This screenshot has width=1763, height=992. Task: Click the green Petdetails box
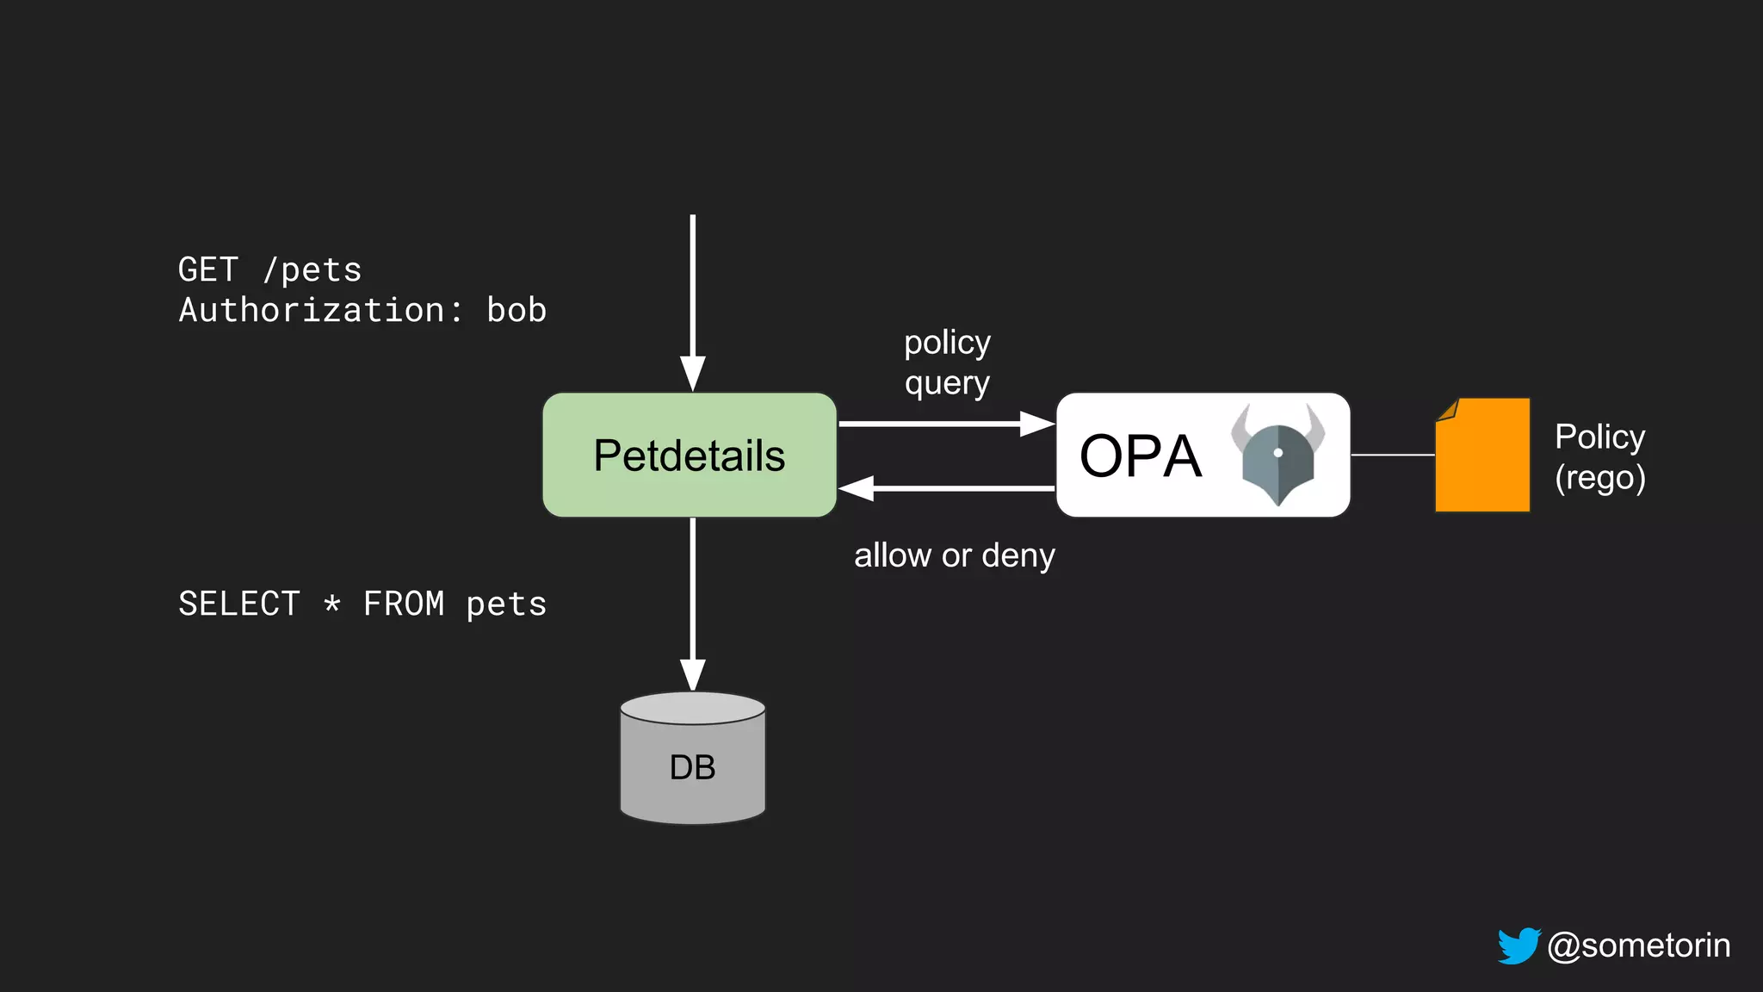[689, 455]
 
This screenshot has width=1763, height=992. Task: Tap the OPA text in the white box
[1140, 456]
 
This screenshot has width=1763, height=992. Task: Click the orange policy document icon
[1482, 455]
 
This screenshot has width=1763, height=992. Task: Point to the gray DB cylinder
[693, 759]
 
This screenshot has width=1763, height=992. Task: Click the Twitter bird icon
[1519, 945]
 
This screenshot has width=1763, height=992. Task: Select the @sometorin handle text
[1638, 945]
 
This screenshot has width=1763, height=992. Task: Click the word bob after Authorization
[517, 310]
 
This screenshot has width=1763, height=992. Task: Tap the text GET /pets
[269, 270]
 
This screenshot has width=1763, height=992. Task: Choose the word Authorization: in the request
[320, 310]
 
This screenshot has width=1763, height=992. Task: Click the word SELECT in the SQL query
[239, 604]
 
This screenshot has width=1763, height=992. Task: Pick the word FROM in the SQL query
[404, 604]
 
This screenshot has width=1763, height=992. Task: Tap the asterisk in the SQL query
[332, 604]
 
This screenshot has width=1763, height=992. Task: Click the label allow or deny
[954, 555]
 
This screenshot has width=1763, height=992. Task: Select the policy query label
[947, 363]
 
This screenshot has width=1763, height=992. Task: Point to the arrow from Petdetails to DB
[693, 603]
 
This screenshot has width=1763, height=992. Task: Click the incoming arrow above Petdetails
[693, 301]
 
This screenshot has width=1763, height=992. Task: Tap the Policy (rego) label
[1599, 456]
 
